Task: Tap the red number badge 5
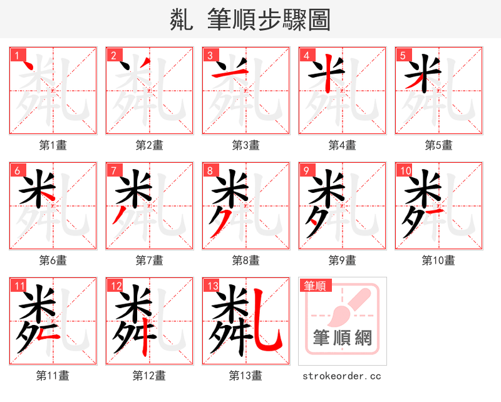[403, 55]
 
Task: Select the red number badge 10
[405, 170]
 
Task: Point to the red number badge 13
[212, 286]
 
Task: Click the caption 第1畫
[53, 145]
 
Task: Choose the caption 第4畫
[342, 145]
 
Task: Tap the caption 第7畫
[149, 260]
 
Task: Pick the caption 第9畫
[342, 260]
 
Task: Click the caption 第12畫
[149, 376]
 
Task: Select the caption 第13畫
[245, 376]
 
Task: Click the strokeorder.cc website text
[342, 376]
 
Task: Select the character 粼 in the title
[182, 20]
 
